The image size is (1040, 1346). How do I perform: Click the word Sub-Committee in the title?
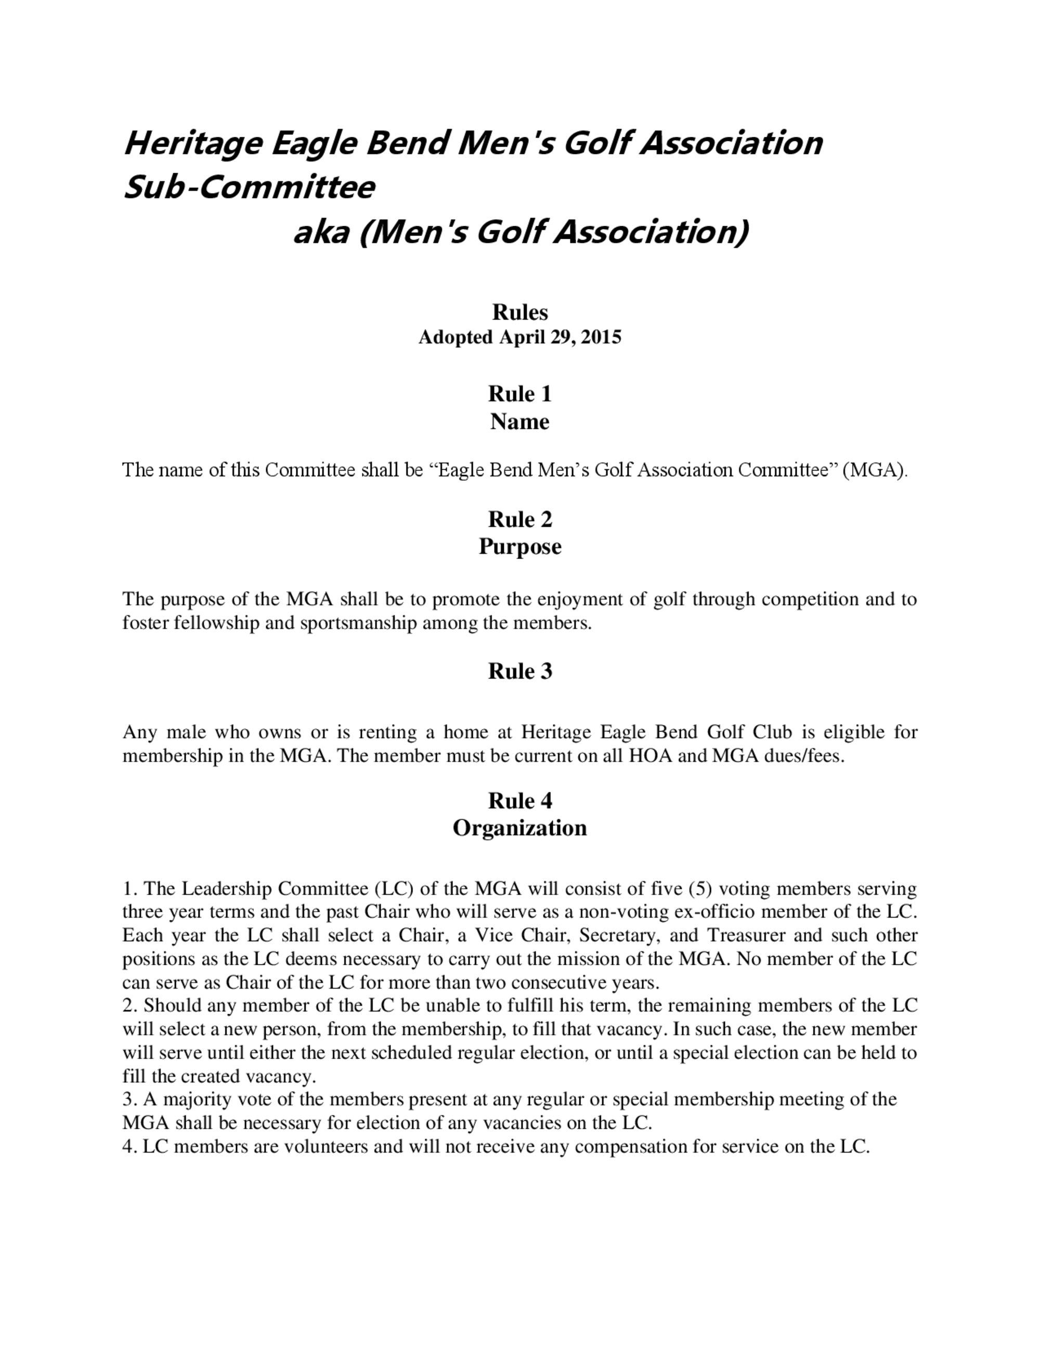249,187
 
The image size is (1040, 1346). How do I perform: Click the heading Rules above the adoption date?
519,313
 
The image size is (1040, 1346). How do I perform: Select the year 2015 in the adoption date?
601,338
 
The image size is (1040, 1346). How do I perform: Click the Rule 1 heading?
519,394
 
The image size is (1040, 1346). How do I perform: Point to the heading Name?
519,422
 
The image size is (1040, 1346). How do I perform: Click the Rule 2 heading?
519,519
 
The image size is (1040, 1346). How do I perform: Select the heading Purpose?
519,547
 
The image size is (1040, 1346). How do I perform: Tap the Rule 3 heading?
519,671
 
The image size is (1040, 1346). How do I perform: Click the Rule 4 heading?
519,800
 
